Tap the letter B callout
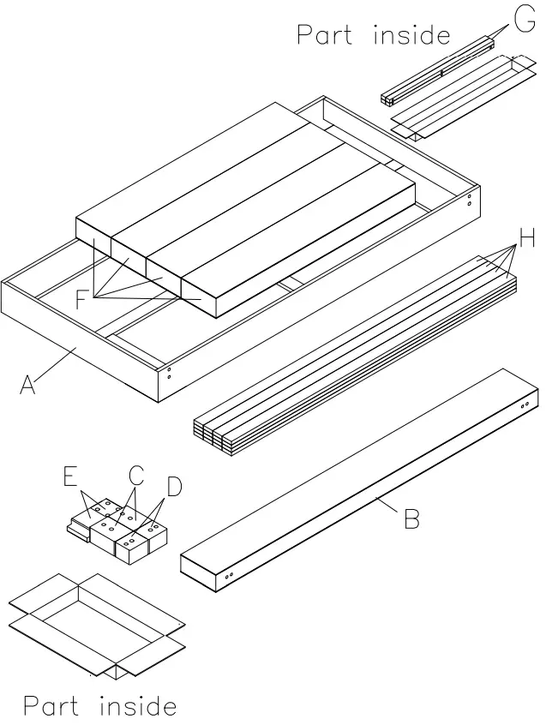[x=411, y=518]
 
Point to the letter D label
[x=174, y=487]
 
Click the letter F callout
[x=81, y=299]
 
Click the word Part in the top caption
[x=324, y=35]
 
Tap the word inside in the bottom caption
[x=139, y=706]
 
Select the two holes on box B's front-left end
[x=229, y=577]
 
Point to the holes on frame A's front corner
[x=169, y=372]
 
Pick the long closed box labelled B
[x=360, y=480]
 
